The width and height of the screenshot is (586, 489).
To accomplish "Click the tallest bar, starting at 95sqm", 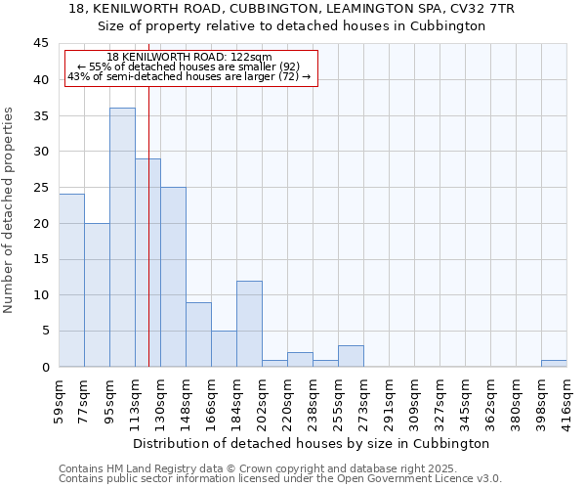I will [122, 238].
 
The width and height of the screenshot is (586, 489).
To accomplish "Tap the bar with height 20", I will [97, 294].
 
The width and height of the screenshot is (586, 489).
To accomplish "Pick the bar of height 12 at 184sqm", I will [249, 324].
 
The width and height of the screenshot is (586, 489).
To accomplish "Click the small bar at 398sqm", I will [554, 364].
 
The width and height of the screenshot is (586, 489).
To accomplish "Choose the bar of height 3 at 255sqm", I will [351, 356].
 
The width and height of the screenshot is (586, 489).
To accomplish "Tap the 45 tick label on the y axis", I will [40, 44].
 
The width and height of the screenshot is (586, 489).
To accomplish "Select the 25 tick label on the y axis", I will [40, 188].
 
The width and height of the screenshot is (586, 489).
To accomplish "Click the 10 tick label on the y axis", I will [40, 295].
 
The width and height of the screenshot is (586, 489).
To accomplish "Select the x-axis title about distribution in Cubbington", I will [312, 443].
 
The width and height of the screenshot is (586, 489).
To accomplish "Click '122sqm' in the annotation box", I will [254, 58].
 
